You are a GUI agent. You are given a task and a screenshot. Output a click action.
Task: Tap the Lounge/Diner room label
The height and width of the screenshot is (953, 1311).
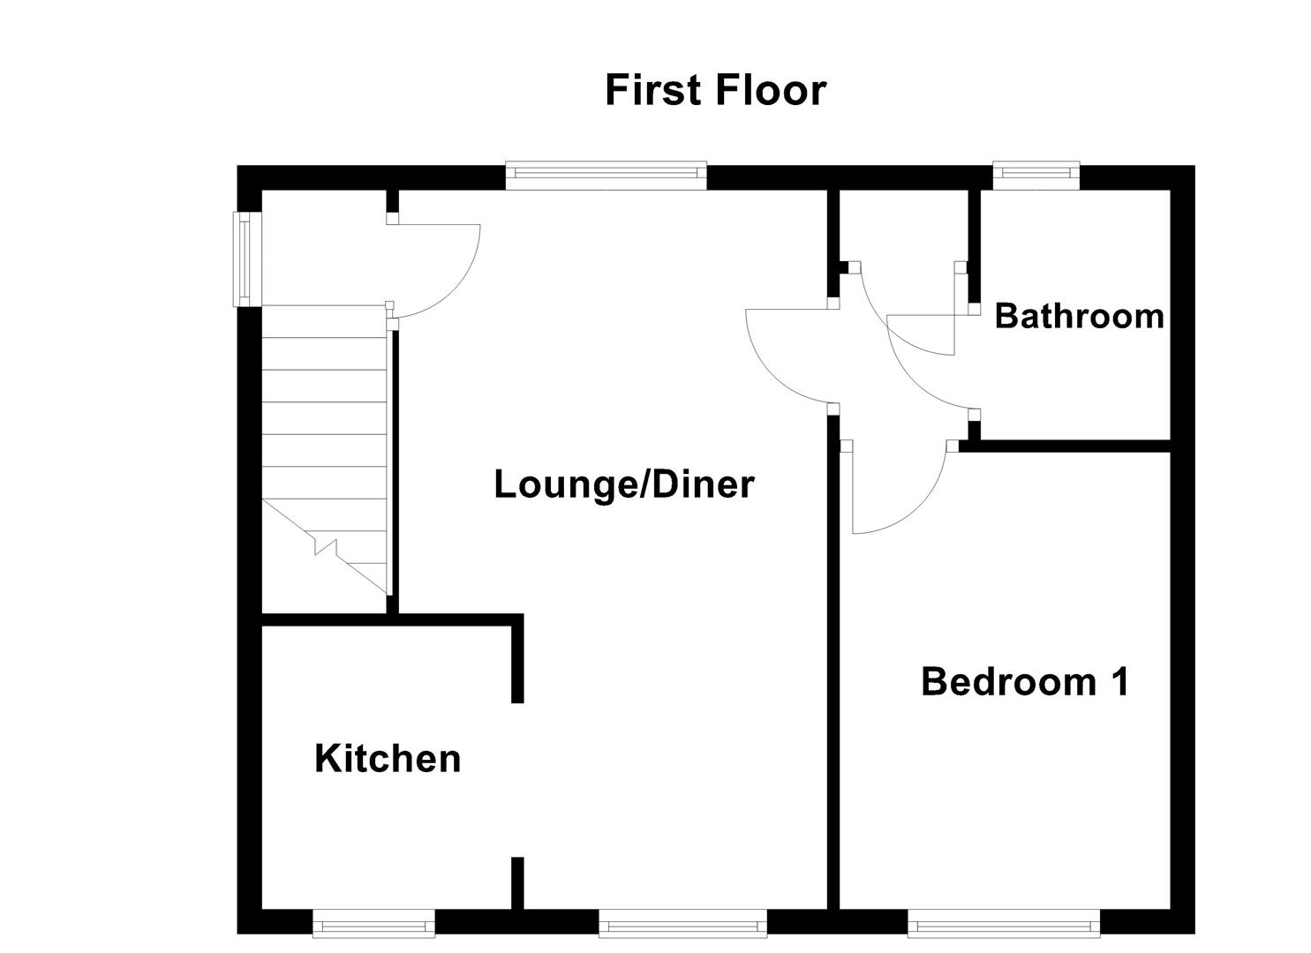[623, 484]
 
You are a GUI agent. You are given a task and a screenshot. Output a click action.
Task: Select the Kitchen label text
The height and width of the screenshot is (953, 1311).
[388, 759]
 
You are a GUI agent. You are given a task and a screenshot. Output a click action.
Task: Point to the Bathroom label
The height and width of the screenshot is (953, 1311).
[1079, 316]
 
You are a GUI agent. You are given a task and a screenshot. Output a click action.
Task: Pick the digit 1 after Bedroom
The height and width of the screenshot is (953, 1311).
[1119, 682]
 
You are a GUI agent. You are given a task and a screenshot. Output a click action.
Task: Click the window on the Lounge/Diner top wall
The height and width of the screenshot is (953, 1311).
[606, 176]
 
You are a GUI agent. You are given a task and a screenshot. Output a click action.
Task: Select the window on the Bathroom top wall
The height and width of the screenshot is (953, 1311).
[1036, 176]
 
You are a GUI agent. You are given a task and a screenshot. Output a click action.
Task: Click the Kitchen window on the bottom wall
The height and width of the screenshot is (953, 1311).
[374, 924]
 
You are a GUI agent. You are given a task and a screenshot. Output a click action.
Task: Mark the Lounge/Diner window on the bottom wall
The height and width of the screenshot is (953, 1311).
[682, 924]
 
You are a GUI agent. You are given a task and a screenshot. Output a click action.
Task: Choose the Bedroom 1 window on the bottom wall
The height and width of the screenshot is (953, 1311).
[1004, 924]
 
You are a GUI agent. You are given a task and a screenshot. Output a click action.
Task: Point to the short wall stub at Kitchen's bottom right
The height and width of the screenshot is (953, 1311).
[518, 882]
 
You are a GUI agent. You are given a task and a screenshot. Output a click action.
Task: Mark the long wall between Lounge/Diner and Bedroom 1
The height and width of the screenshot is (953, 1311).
[833, 662]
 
